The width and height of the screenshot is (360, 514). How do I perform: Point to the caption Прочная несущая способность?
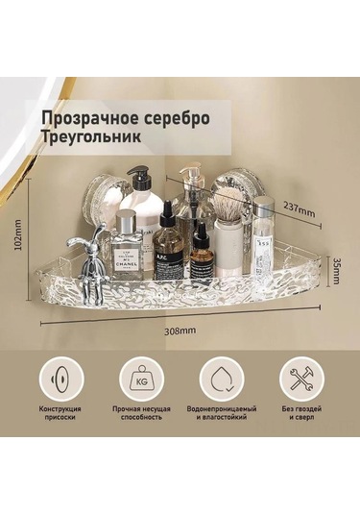click(x=140, y=414)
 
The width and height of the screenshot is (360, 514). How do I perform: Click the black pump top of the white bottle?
click(x=140, y=179)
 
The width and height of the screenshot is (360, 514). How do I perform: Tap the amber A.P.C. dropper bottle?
click(x=168, y=252)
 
